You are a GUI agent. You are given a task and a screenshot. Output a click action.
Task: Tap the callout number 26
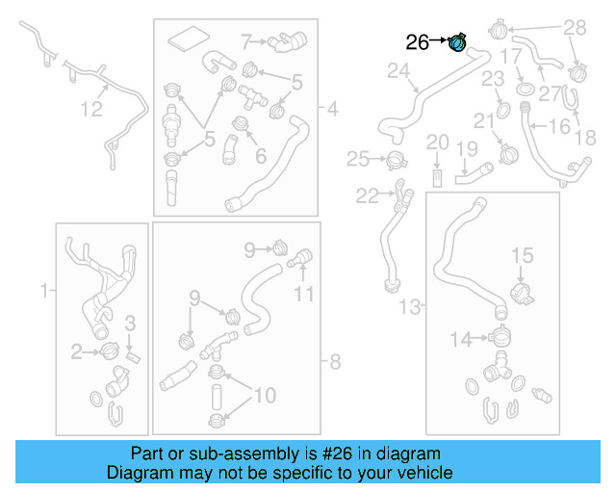click(418, 41)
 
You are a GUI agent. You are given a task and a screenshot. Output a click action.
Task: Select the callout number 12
click(90, 110)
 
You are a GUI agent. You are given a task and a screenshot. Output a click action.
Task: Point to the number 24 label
click(398, 70)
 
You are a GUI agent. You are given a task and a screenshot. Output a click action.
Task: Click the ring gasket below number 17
click(526, 90)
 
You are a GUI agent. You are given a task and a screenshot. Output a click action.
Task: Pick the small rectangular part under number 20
click(438, 177)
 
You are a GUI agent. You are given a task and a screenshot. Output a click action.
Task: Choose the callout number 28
click(574, 28)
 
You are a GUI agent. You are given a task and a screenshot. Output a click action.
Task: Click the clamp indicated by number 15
click(520, 288)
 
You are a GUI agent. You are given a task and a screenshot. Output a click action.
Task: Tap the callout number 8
click(335, 362)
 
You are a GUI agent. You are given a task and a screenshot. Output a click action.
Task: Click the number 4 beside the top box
click(332, 110)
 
